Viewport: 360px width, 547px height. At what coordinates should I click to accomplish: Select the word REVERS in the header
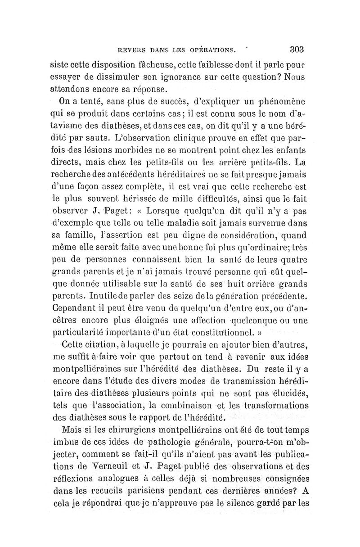point(130,50)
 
